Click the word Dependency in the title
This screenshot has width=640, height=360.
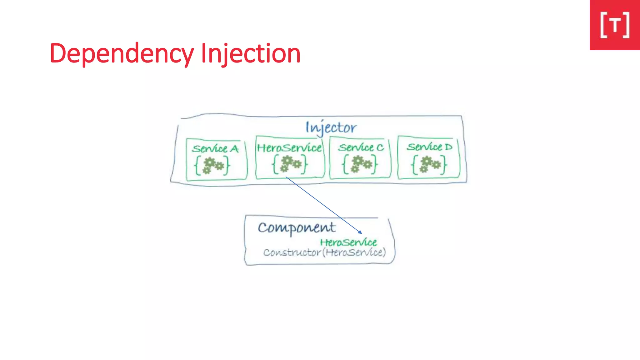pyautogui.click(x=122, y=54)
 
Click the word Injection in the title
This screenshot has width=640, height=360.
pyautogui.click(x=251, y=54)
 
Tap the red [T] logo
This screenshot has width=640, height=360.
pyautogui.click(x=615, y=25)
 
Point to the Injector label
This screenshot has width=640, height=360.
pyautogui.click(x=331, y=127)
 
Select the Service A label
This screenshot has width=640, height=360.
pyautogui.click(x=215, y=148)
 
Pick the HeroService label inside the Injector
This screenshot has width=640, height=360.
pyautogui.click(x=289, y=147)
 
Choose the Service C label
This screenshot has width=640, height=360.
pyautogui.click(x=361, y=147)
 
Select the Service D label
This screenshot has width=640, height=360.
pyautogui.click(x=429, y=147)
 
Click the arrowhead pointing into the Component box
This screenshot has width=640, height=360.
pyautogui.click(x=360, y=232)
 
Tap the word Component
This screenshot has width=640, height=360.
pyautogui.click(x=297, y=227)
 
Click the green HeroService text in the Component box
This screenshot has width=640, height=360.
pyautogui.click(x=348, y=242)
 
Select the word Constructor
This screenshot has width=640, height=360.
pyautogui.click(x=292, y=252)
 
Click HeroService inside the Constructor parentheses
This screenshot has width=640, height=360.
pyautogui.click(x=354, y=252)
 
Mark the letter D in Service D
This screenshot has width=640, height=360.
pyautogui.click(x=448, y=147)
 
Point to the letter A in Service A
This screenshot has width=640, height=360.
pyautogui.click(x=234, y=149)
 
